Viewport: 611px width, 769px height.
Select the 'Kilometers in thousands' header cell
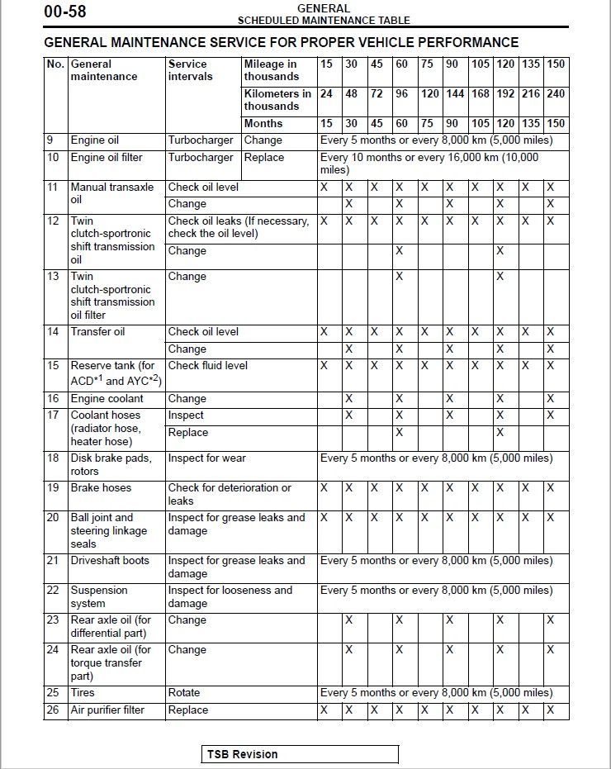pos(277,100)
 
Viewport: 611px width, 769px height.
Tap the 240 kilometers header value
pos(556,94)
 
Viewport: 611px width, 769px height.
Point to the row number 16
pos(54,399)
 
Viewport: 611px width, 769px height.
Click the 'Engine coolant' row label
pos(107,399)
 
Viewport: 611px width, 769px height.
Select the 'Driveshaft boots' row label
pos(110,561)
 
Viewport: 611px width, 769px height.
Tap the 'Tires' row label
pos(84,693)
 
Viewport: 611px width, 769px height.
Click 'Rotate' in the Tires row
pos(184,693)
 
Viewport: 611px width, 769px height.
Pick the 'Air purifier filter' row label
pos(107,710)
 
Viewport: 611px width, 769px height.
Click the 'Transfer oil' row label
pos(97,332)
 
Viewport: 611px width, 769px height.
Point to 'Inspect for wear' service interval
pos(207,458)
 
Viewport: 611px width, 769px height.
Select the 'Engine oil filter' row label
pos(107,158)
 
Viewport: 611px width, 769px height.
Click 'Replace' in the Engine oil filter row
pos(263,158)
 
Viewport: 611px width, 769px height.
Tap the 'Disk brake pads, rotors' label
pos(111,465)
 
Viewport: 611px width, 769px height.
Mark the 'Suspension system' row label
pos(98,597)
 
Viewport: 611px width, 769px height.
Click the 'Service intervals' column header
pos(190,70)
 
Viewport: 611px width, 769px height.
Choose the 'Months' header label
pos(263,124)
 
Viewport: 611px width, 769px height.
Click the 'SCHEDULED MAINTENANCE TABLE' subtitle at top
pos(324,21)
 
